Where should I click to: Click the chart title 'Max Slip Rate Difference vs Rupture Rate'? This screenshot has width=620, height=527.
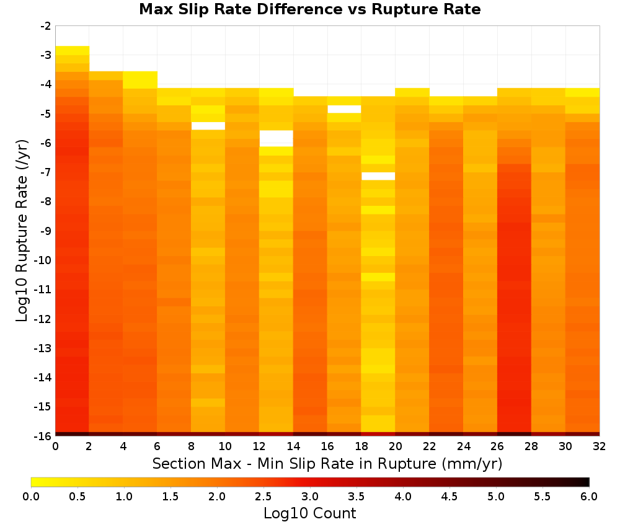tap(309, 9)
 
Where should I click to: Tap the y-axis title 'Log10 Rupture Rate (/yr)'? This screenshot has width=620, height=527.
tap(22, 231)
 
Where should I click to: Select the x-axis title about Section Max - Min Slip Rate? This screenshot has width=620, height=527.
tap(327, 463)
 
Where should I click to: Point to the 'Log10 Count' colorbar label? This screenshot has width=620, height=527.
tap(309, 513)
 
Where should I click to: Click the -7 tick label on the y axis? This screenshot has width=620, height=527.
tap(46, 172)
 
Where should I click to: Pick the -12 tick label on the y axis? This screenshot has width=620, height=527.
tap(43, 319)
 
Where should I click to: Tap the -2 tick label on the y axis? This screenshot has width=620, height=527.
tap(46, 26)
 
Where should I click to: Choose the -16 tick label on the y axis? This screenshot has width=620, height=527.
tap(43, 436)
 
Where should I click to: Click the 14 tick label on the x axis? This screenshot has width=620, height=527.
tap(293, 446)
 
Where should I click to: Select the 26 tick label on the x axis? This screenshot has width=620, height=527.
tap(497, 446)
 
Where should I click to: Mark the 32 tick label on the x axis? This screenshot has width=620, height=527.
tap(599, 446)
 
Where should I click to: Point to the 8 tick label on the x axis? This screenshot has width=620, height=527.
tap(192, 446)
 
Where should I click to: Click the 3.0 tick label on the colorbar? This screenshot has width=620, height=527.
tap(310, 496)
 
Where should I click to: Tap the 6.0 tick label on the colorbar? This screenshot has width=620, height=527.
tap(589, 496)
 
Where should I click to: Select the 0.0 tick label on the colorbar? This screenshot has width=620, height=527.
tap(31, 496)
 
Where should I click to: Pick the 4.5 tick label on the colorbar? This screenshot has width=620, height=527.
tap(449, 496)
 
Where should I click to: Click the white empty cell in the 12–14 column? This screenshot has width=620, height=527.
tap(276, 138)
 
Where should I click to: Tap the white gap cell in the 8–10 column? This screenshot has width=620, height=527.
tap(208, 126)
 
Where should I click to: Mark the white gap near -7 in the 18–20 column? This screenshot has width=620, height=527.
tap(378, 176)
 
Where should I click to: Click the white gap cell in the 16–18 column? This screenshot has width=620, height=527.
tap(344, 109)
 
